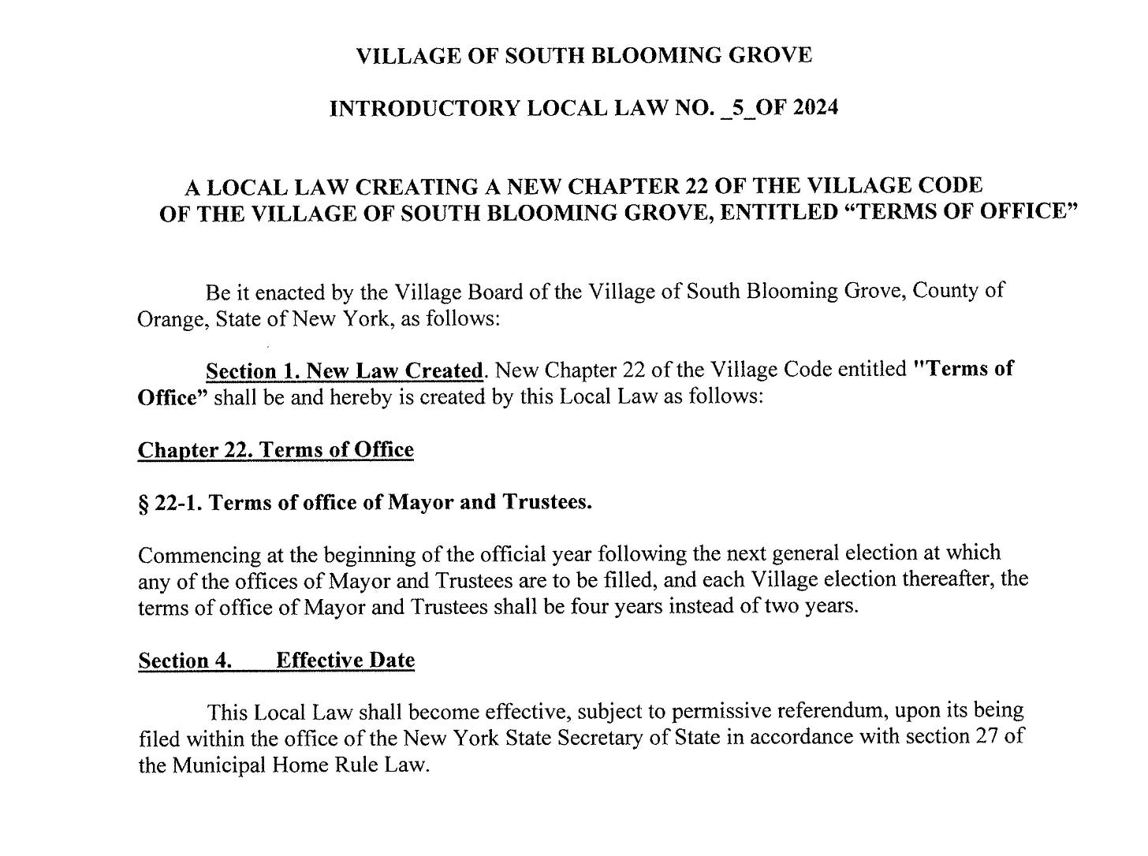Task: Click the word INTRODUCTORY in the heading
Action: pos(423,108)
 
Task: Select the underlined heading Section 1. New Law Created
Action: pos(344,370)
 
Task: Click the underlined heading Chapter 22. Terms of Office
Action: pos(275,450)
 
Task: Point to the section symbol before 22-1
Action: pos(143,503)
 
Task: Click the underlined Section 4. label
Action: pos(184,661)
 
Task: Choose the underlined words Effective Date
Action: pos(345,661)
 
